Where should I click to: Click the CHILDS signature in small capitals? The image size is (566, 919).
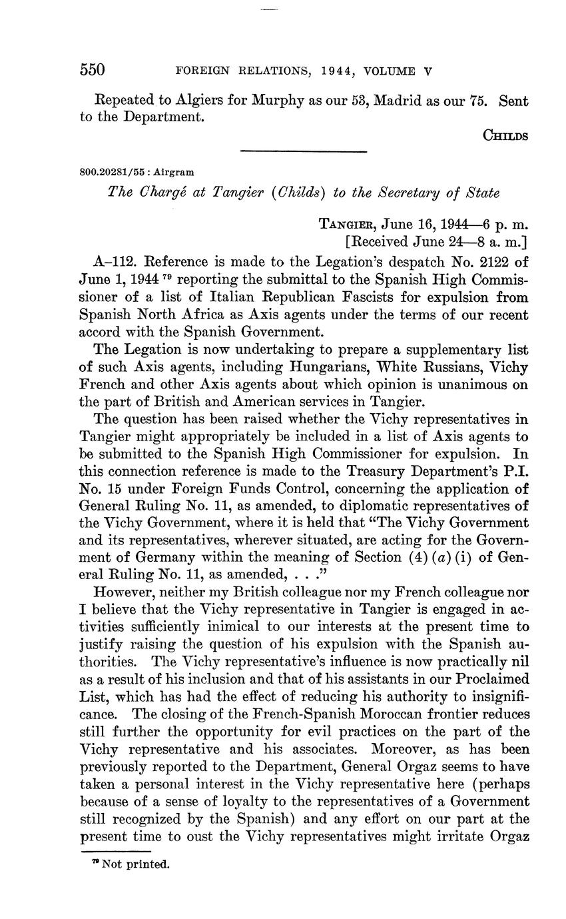coord(505,135)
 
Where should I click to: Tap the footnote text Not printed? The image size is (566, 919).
coord(136,865)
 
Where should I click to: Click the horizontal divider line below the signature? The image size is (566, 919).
coord(303,152)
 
